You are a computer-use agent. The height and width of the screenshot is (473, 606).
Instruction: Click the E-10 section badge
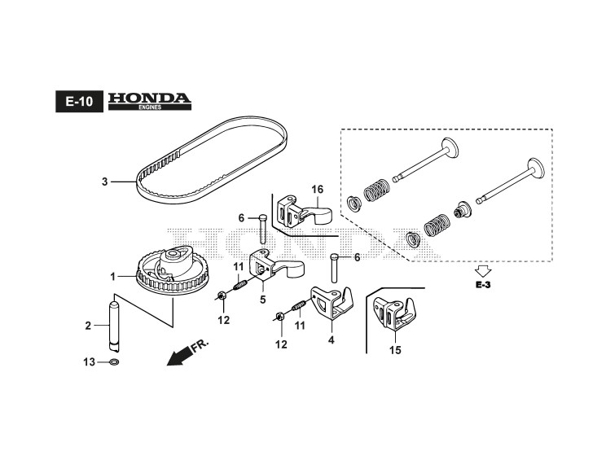(x=79, y=103)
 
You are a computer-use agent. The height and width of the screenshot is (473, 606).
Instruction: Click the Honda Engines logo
(x=150, y=101)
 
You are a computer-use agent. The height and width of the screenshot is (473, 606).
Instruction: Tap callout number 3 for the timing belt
(x=104, y=182)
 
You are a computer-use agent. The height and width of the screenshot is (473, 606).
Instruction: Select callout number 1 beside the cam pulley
(x=113, y=276)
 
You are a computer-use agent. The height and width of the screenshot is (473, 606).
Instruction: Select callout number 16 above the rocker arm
(x=317, y=190)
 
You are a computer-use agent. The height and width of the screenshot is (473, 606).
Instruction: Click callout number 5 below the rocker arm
(x=263, y=300)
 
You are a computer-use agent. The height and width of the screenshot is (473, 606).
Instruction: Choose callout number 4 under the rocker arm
(x=332, y=339)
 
